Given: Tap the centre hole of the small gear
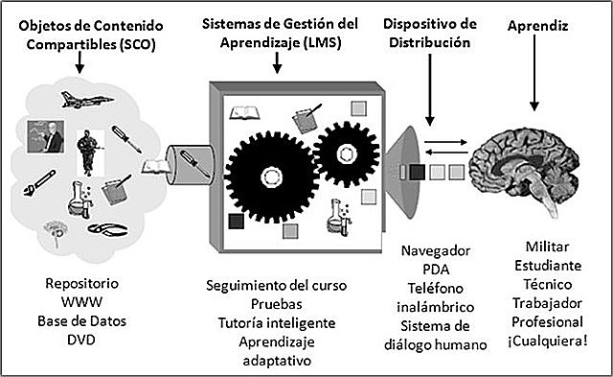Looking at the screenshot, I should coord(337,150).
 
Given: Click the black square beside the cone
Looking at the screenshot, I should coord(417,174).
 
